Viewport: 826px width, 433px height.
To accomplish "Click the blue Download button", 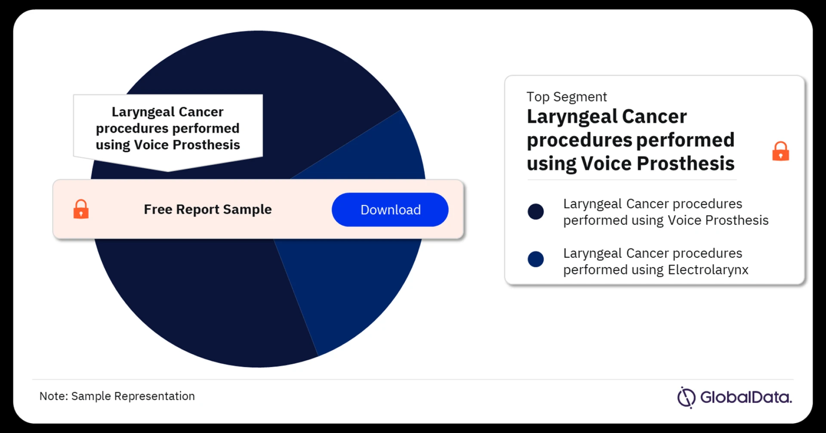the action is click(x=390, y=210).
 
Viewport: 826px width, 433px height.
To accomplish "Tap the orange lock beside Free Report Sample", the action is click(x=81, y=209).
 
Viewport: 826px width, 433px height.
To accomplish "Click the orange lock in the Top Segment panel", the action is click(x=780, y=151).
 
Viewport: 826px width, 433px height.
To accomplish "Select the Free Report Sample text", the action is click(x=208, y=209).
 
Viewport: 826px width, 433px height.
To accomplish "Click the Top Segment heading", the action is click(x=567, y=97).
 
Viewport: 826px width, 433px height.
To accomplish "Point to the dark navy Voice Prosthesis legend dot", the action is click(x=536, y=211).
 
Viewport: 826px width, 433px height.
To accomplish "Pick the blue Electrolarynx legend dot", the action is click(x=536, y=259).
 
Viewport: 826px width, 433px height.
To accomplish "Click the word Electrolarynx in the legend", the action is click(x=708, y=270).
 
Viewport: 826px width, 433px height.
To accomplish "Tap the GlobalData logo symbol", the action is click(x=686, y=397).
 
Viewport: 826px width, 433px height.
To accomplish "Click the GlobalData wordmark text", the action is click(x=746, y=397).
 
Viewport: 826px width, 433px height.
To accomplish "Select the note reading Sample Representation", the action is click(x=133, y=396).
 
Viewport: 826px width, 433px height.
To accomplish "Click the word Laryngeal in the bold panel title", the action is click(x=572, y=117).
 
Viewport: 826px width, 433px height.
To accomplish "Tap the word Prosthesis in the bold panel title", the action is click(x=685, y=164).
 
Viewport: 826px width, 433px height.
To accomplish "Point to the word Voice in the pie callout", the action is click(x=151, y=145).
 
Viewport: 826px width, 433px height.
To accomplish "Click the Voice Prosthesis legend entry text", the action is click(x=666, y=212).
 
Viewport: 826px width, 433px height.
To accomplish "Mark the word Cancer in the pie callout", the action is click(x=201, y=112).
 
